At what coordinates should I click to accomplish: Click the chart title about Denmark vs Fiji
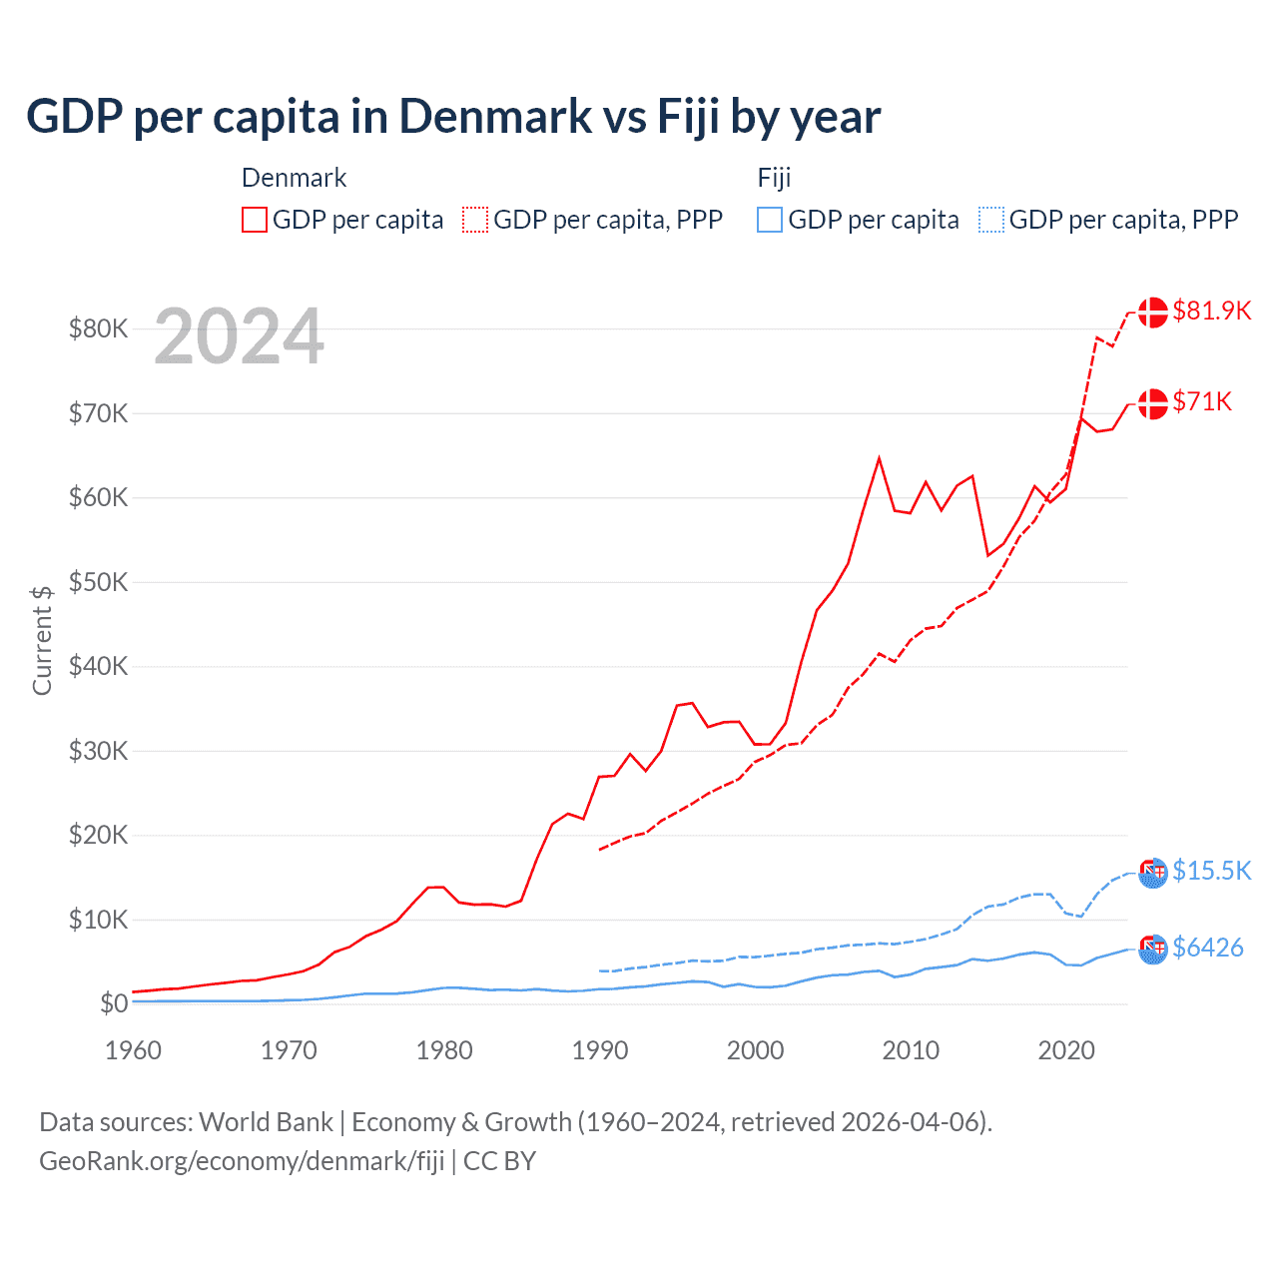click(x=453, y=116)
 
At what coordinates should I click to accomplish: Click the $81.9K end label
click(x=1211, y=311)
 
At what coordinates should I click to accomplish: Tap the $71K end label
click(x=1202, y=401)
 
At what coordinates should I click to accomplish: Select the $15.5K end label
click(x=1211, y=871)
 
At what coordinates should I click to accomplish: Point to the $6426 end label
click(x=1207, y=948)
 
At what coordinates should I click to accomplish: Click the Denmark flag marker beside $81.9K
click(x=1153, y=312)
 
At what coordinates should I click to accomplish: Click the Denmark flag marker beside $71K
click(x=1153, y=403)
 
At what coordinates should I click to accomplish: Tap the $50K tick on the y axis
click(x=98, y=582)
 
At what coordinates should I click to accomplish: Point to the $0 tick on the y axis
click(x=114, y=1003)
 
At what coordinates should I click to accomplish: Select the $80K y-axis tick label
click(x=98, y=328)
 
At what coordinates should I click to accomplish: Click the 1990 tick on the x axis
click(x=600, y=1050)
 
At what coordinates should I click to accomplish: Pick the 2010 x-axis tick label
click(x=911, y=1050)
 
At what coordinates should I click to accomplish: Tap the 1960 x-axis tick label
click(x=134, y=1050)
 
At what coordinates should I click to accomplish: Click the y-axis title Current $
click(x=42, y=640)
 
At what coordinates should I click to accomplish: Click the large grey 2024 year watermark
click(x=239, y=336)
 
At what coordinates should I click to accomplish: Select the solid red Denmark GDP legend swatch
click(x=255, y=220)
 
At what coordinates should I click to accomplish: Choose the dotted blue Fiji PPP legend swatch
click(x=991, y=220)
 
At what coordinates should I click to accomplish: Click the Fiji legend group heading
click(x=774, y=178)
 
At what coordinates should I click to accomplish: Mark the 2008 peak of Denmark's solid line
click(x=879, y=458)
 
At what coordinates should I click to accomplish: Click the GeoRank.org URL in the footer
click(x=242, y=1161)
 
